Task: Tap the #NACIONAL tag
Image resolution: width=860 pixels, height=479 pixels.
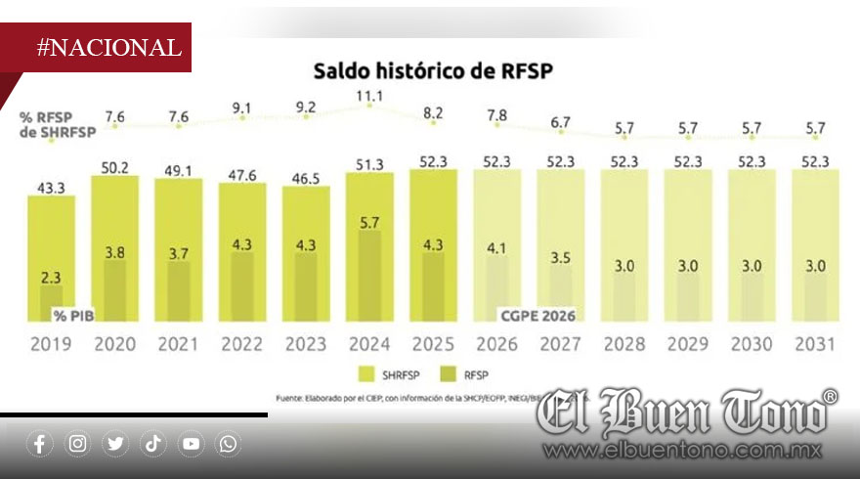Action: pyautogui.click(x=108, y=47)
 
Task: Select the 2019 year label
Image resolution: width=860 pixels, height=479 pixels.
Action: pyautogui.click(x=51, y=343)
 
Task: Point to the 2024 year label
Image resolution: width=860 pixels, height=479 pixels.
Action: pyautogui.click(x=369, y=343)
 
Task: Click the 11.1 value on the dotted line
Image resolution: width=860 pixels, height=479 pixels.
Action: pyautogui.click(x=369, y=95)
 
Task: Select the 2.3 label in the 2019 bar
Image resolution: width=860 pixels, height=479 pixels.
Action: pyautogui.click(x=51, y=278)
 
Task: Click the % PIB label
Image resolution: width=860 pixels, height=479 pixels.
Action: pyautogui.click(x=75, y=315)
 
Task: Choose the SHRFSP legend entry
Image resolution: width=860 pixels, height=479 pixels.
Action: pyautogui.click(x=391, y=374)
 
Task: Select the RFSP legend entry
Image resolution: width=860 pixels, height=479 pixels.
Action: pyautogui.click(x=469, y=374)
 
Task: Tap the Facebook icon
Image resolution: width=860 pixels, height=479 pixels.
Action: pyautogui.click(x=40, y=444)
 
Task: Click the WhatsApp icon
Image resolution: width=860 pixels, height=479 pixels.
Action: pyautogui.click(x=228, y=444)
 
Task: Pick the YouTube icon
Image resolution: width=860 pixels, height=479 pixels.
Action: pyautogui.click(x=191, y=444)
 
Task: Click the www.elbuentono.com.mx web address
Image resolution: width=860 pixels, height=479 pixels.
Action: pyautogui.click(x=684, y=452)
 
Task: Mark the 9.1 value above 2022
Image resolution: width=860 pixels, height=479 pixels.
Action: pyautogui.click(x=242, y=108)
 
